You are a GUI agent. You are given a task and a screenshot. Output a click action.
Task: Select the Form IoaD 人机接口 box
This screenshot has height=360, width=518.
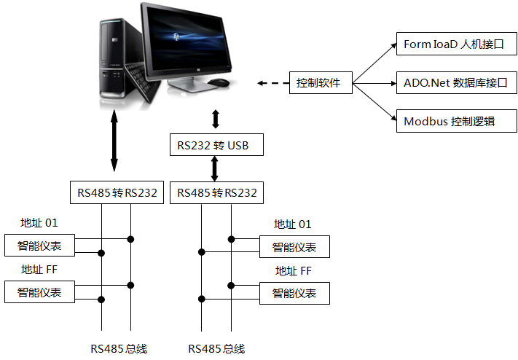point(455,44)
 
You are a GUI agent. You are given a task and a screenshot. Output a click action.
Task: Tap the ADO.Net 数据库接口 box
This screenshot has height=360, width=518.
point(455,83)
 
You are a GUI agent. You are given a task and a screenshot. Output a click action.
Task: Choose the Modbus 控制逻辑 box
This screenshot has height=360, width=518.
point(455,122)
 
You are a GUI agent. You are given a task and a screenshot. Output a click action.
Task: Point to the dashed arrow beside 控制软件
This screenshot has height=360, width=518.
point(272,83)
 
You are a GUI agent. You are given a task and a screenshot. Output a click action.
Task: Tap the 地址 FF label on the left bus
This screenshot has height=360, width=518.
point(39,270)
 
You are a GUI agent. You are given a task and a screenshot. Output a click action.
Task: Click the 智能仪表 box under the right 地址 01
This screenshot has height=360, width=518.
point(294,247)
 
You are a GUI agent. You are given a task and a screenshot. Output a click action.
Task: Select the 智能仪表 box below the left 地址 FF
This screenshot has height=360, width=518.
point(39,293)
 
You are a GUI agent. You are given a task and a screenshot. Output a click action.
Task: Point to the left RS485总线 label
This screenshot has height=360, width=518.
point(119,348)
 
